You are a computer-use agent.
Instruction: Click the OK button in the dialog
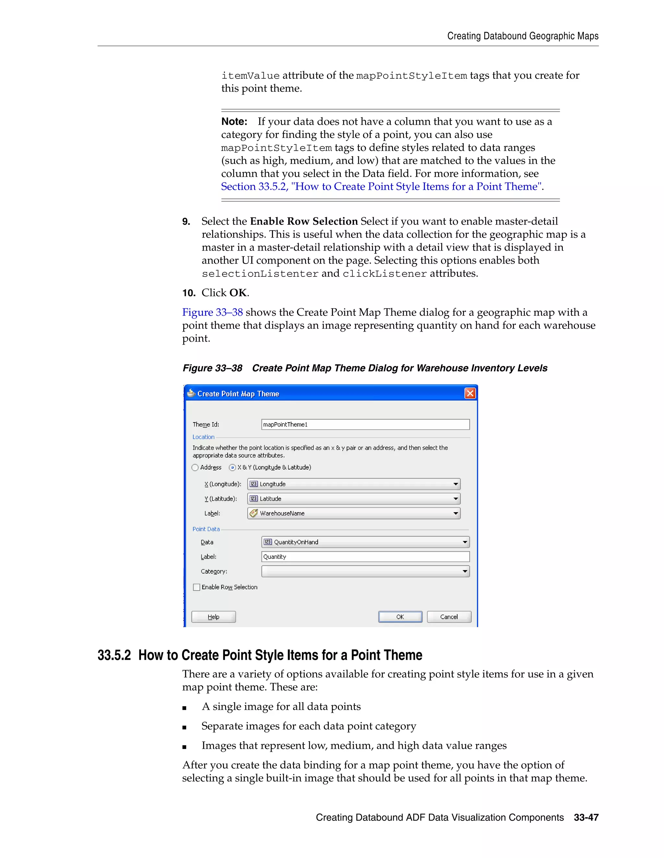400,617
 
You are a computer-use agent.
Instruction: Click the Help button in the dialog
214,617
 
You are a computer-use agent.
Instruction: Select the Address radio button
195,468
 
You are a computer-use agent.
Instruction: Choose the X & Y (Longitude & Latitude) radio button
232,468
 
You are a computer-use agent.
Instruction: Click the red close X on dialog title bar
470,393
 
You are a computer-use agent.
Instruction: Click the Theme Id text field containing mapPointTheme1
365,424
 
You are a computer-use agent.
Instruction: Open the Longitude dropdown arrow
456,484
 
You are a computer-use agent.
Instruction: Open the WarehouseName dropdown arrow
456,514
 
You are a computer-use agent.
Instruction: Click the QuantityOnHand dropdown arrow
465,542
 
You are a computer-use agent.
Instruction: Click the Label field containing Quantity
365,557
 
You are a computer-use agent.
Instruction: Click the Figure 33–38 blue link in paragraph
212,312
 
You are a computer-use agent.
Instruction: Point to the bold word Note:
234,121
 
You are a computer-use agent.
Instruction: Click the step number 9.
186,221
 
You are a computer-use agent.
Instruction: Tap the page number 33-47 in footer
586,818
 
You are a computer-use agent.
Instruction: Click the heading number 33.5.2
114,655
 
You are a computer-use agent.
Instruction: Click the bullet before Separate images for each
184,727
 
